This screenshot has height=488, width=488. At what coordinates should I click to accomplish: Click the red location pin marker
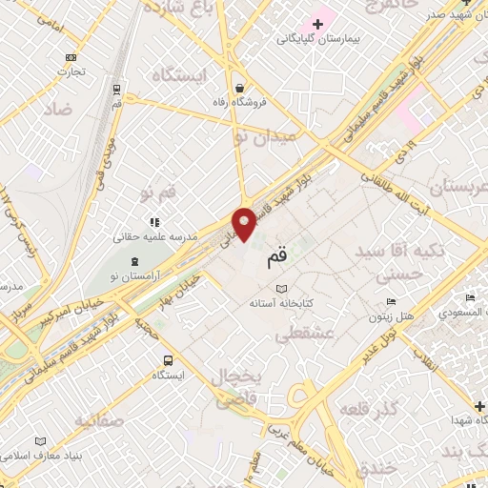coord(245,223)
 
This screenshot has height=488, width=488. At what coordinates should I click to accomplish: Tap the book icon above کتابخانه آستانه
coord(280,289)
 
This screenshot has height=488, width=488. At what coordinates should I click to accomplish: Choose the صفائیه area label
coord(79,420)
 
